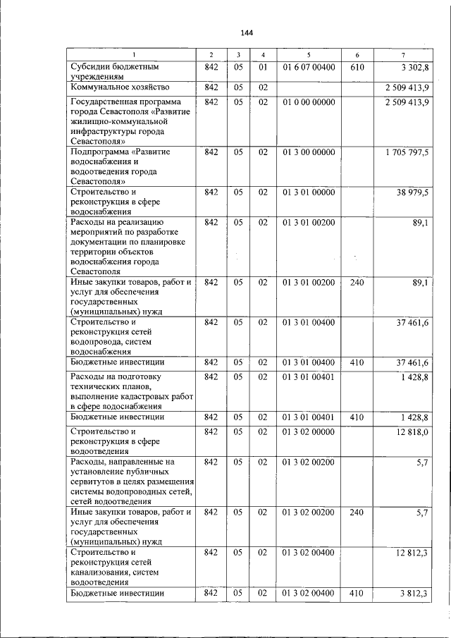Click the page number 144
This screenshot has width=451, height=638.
tap(246, 32)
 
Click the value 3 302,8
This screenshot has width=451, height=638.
tap(416, 68)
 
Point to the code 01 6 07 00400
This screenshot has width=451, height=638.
tap(309, 68)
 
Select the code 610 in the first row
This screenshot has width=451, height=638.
tap(357, 68)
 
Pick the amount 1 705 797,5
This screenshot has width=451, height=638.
tap(407, 152)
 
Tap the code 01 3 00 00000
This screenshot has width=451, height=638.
tap(309, 152)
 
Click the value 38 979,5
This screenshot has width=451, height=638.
tap(413, 192)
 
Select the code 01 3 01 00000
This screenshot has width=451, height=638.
tap(309, 192)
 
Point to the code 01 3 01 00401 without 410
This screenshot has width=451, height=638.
tap(309, 377)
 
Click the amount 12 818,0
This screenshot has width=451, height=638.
tap(413, 431)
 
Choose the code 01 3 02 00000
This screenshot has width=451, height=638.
tap(309, 431)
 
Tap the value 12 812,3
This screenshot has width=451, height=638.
tap(413, 553)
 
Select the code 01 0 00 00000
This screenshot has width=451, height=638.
tap(309, 102)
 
